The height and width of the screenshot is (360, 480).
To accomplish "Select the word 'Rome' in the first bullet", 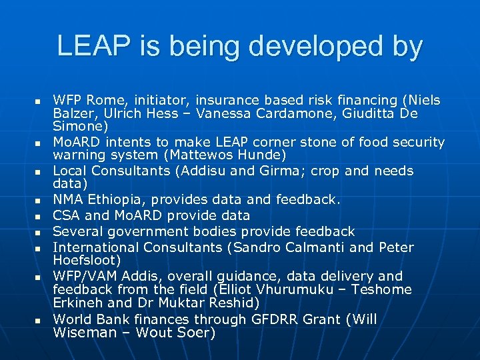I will tap(103, 101).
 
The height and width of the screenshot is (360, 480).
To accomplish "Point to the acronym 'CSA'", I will tap(66, 215).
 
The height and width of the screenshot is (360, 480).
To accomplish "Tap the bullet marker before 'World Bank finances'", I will tap(38, 320).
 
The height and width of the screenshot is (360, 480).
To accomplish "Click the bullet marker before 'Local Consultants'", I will tap(38, 171).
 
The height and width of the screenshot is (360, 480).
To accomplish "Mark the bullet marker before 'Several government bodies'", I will tap(38, 232).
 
